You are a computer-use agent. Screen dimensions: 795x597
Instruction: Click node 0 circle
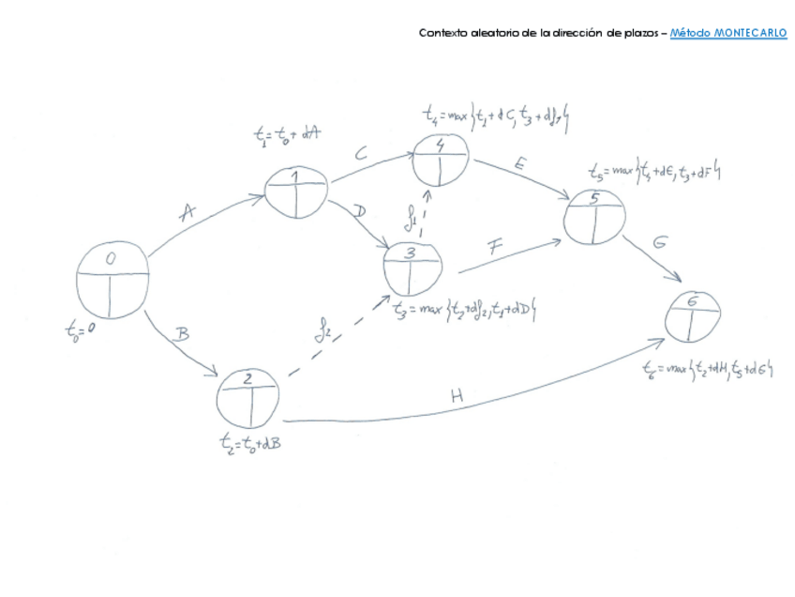[112, 281]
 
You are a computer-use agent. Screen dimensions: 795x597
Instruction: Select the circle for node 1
[296, 191]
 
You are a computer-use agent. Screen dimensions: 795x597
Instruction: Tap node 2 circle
[248, 395]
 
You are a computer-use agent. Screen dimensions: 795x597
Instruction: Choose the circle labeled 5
[594, 217]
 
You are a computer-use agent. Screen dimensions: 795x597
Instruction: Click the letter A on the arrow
[187, 214]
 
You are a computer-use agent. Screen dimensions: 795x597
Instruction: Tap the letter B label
[185, 333]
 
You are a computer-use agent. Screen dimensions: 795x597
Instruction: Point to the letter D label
[360, 211]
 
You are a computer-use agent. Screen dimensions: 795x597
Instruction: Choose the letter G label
[659, 242]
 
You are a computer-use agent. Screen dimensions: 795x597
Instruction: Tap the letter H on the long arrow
[457, 396]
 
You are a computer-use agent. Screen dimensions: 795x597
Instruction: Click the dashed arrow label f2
[322, 331]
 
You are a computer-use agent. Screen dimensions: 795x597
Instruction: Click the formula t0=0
[82, 329]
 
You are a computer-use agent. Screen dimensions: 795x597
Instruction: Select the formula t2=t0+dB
[247, 441]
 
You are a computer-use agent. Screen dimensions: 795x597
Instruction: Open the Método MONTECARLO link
[728, 33]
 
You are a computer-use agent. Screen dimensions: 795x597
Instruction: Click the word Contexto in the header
[442, 33]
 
